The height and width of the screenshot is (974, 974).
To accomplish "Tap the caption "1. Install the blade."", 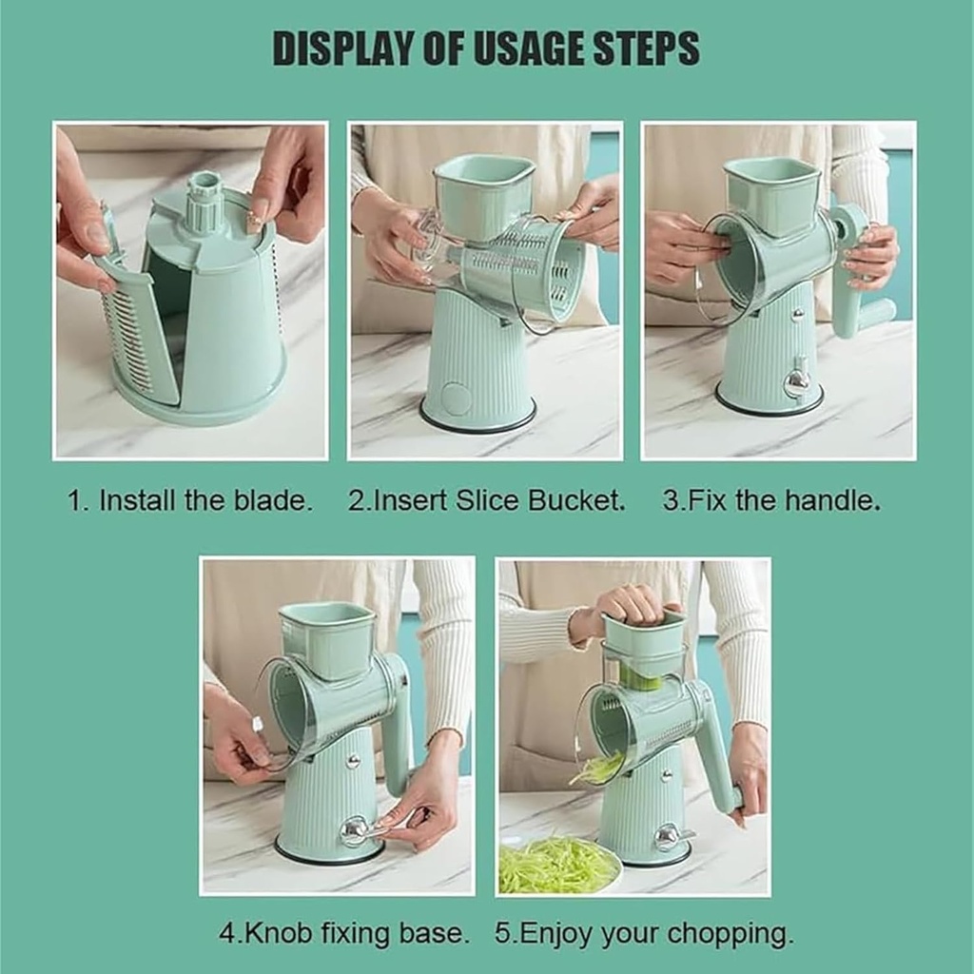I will (189, 500).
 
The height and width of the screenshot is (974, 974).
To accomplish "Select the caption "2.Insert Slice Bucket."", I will (486, 500).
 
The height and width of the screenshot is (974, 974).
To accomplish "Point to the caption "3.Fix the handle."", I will (771, 500).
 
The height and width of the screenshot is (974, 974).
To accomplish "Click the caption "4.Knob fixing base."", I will (344, 932).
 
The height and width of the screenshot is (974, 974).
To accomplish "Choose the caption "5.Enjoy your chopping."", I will (644, 932).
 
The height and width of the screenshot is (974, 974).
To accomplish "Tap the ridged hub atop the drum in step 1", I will (205, 200).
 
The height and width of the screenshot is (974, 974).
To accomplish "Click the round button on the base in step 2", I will (457, 399).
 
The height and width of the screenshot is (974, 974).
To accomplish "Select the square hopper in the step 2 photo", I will (483, 195).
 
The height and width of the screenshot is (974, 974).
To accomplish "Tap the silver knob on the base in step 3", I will (797, 380).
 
